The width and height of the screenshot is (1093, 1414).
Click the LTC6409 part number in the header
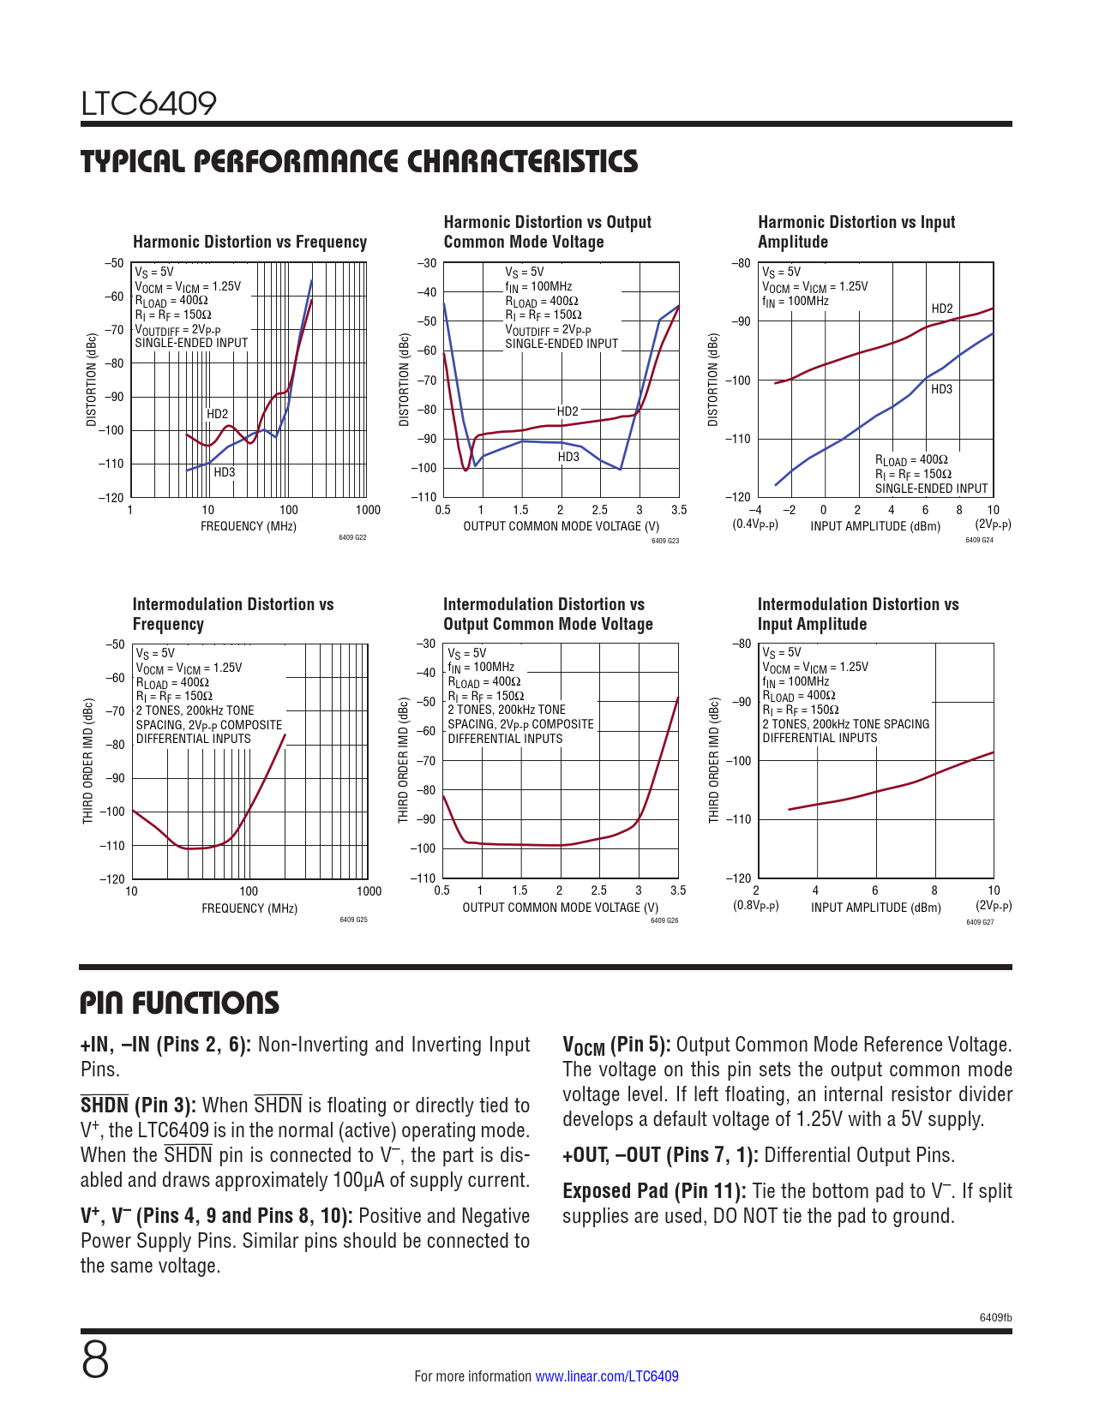coord(148,104)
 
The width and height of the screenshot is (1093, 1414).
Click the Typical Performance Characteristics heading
coord(359,161)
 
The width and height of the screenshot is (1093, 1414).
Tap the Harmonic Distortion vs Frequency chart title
coord(249,242)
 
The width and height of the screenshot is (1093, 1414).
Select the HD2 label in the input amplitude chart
coord(941,309)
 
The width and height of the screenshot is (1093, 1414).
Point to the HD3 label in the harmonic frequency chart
coord(224,472)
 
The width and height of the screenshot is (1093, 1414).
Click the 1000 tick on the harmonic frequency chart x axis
coord(368,510)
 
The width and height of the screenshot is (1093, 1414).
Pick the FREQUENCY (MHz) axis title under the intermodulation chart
coord(249,908)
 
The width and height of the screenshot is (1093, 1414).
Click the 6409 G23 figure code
coord(664,541)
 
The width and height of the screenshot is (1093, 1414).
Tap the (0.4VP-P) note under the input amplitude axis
coord(755,524)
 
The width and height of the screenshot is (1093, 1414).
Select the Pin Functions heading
coord(179,1003)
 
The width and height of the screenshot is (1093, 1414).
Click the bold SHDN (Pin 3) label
coord(138,1105)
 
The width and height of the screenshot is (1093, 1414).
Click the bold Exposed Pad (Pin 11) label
coord(654,1191)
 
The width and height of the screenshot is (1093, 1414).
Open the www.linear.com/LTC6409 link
coord(607,1376)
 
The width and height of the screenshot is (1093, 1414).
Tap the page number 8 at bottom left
coord(95,1360)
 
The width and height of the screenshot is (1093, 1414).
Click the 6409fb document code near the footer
coord(995,1318)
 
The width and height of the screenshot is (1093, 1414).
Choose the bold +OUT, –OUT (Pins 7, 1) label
coord(660,1155)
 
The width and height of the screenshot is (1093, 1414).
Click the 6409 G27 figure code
coord(979,922)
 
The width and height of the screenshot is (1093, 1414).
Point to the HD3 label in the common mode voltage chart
coord(568,457)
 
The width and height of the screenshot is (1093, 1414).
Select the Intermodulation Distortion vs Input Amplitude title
coord(857,614)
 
